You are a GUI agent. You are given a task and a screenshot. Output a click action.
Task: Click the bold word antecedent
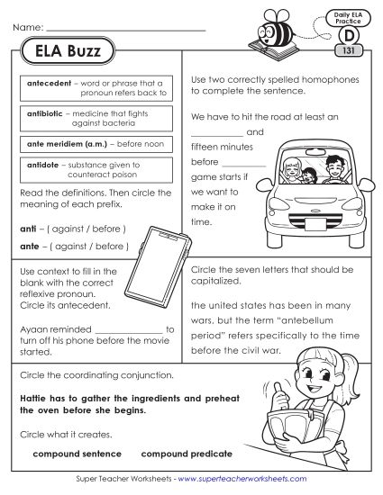tap(45, 83)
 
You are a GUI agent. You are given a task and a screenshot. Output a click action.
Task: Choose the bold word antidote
tap(41, 165)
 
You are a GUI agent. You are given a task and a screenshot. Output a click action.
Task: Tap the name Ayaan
tap(33, 330)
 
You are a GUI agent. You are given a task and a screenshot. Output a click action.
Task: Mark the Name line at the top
tap(126, 29)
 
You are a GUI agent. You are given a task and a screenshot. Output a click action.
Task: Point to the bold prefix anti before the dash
tap(27, 229)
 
